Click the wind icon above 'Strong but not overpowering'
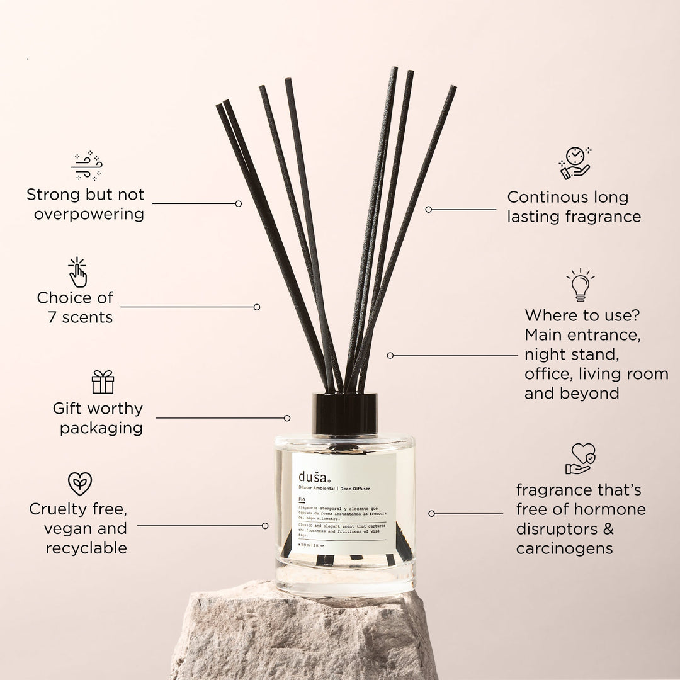86,166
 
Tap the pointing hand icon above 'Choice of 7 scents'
77,272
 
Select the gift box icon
103,382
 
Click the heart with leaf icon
80,484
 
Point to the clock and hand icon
575,163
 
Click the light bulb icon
580,285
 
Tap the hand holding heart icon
580,458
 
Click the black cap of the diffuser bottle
344,413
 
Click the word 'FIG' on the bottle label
302,497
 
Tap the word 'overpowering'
89,214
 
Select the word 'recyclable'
86,548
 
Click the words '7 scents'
80,317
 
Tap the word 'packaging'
101,428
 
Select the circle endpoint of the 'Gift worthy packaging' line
287,417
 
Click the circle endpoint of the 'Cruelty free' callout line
265,525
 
